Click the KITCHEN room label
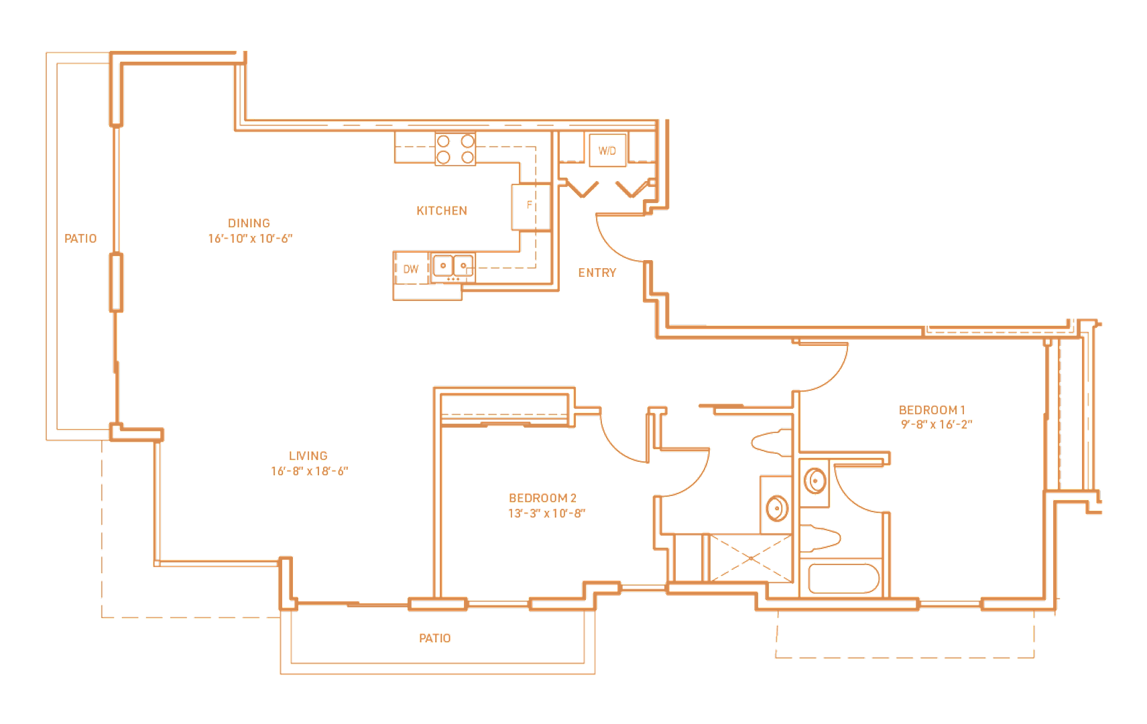[441, 210]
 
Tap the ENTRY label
[597, 273]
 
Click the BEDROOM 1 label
[934, 410]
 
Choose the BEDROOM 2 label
[542, 498]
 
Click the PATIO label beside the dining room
[80, 239]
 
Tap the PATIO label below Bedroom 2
[434, 638]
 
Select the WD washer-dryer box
[607, 150]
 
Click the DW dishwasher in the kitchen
[411, 269]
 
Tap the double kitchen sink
[453, 266]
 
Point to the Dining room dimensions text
[251, 238]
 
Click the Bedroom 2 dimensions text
[546, 513]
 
